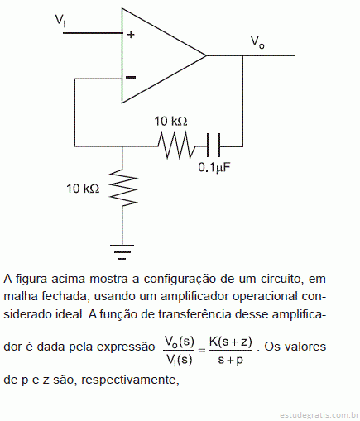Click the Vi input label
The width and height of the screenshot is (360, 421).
click(x=60, y=21)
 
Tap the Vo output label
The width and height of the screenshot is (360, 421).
click(x=257, y=42)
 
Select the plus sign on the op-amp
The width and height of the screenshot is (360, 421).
click(x=131, y=35)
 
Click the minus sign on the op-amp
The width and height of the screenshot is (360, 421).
click(x=131, y=77)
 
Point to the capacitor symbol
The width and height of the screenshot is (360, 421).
click(x=214, y=146)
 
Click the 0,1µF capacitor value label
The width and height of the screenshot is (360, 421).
click(x=214, y=167)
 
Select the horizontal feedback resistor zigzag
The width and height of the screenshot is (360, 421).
click(x=176, y=146)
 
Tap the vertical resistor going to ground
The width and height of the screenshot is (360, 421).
click(x=123, y=188)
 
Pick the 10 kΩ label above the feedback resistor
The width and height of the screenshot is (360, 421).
click(x=170, y=122)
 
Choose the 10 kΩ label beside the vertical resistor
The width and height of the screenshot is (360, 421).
click(x=83, y=189)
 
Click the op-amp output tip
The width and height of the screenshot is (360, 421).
click(x=206, y=55)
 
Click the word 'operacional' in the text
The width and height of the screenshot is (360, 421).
click(x=265, y=296)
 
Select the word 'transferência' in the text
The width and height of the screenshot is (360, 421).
click(x=194, y=314)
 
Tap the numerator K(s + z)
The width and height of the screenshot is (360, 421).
click(x=231, y=342)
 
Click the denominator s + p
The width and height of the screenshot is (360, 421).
click(x=231, y=360)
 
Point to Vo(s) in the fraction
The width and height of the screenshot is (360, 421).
click(x=180, y=342)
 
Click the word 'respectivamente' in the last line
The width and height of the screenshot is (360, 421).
click(x=130, y=380)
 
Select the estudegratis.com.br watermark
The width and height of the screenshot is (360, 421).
click(x=319, y=414)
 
